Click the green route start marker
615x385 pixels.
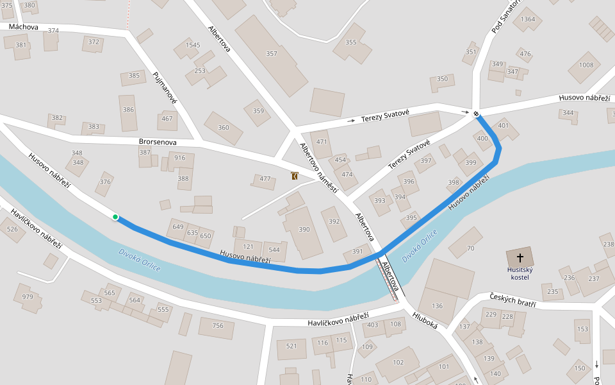[x=115, y=217]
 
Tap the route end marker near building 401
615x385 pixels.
[x=477, y=115]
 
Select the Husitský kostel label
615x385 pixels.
[x=520, y=273]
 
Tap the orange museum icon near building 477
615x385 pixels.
[x=294, y=176]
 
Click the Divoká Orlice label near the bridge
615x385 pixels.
[x=420, y=246]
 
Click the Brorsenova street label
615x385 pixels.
[x=157, y=142]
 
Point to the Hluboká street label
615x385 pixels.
[x=425, y=320]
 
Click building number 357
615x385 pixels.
[x=272, y=54]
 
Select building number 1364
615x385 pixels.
[x=528, y=19]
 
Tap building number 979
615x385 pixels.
[x=28, y=296]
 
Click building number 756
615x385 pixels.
[x=218, y=326]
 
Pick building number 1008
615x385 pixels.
[x=586, y=65]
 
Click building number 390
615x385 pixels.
[x=304, y=229]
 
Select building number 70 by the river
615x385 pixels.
[x=470, y=248]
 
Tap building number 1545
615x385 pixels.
[x=192, y=46]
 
